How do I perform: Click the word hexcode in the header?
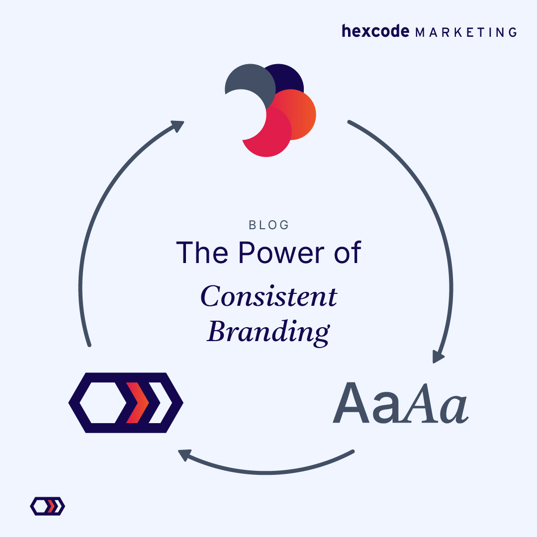(x=375, y=31)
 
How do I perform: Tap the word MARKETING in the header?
(x=466, y=32)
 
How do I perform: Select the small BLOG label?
(x=269, y=225)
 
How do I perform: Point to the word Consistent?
(x=269, y=297)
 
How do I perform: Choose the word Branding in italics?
(x=268, y=331)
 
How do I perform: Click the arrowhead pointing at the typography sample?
(x=438, y=357)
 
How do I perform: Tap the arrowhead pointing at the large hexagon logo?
(x=184, y=454)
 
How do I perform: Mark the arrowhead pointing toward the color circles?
(x=178, y=126)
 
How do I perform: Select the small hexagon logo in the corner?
(x=48, y=506)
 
